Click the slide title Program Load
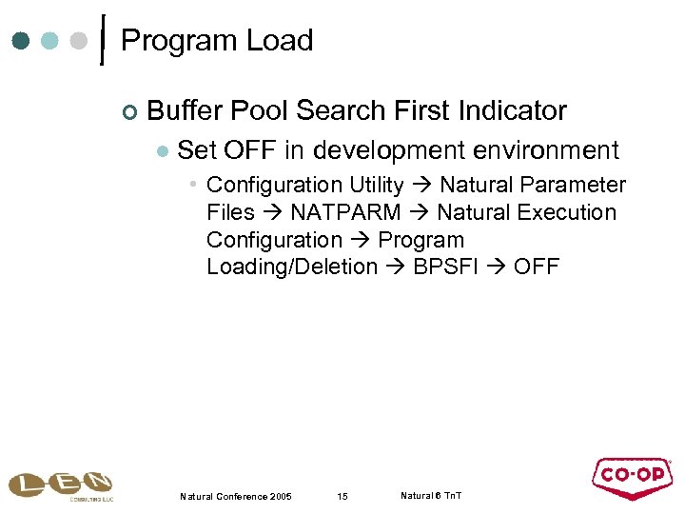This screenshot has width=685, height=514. point(217,41)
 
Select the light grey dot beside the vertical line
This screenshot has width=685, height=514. point(80,41)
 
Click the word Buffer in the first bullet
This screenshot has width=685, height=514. point(184,111)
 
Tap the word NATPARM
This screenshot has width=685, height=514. point(345,212)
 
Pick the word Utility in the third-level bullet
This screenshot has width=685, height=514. point(375,185)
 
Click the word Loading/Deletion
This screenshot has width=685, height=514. point(291,267)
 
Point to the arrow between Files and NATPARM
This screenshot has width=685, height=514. point(272,212)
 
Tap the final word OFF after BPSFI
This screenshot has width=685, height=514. point(537,267)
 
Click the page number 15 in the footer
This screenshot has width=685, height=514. point(343,497)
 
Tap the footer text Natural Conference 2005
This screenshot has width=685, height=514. point(235,497)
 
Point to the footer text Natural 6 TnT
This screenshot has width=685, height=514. point(431,496)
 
